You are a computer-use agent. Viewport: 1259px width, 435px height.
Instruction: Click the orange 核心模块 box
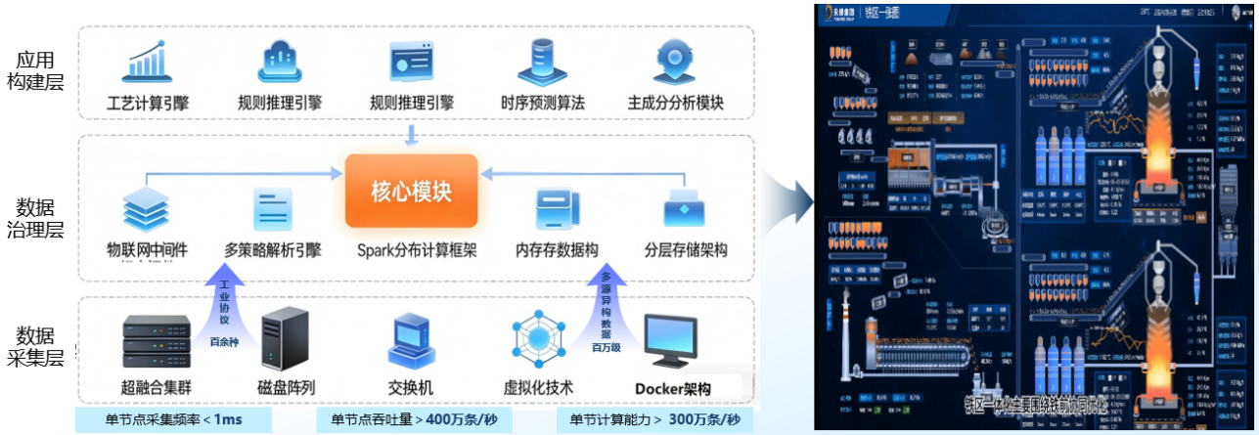411,190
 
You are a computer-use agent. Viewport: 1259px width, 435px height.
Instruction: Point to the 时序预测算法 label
543,103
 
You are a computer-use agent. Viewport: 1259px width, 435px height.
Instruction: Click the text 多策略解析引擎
273,250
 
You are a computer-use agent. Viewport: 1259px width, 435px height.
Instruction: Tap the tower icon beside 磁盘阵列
285,338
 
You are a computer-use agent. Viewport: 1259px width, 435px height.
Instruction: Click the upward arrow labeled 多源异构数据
605,303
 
